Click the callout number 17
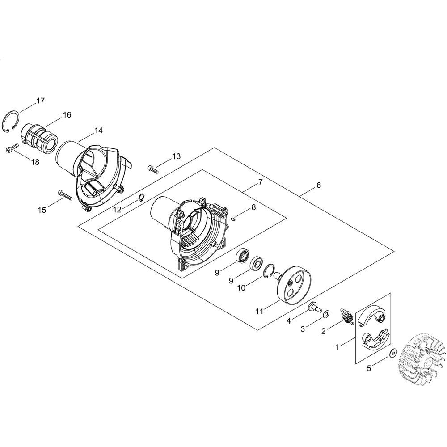41,101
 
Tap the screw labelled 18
12,148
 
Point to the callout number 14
98,131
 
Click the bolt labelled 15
65,196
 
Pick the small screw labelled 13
153,169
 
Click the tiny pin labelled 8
233,219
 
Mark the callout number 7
260,182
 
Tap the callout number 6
318,185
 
